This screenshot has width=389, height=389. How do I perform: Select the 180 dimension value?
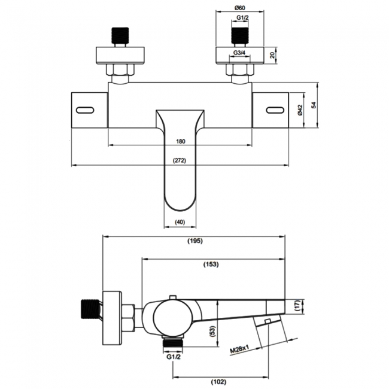point(181,141)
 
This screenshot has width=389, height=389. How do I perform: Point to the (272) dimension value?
point(179,160)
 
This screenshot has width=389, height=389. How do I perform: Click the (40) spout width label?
point(179,222)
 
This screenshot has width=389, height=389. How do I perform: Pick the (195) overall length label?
point(195,241)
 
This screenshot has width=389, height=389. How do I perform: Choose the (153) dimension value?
point(211,264)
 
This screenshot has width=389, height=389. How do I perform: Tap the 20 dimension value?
point(273,56)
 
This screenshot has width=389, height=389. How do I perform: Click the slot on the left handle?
point(87,110)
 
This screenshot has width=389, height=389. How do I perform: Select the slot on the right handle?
point(274,110)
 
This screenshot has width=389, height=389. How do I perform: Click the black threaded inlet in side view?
point(87,309)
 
